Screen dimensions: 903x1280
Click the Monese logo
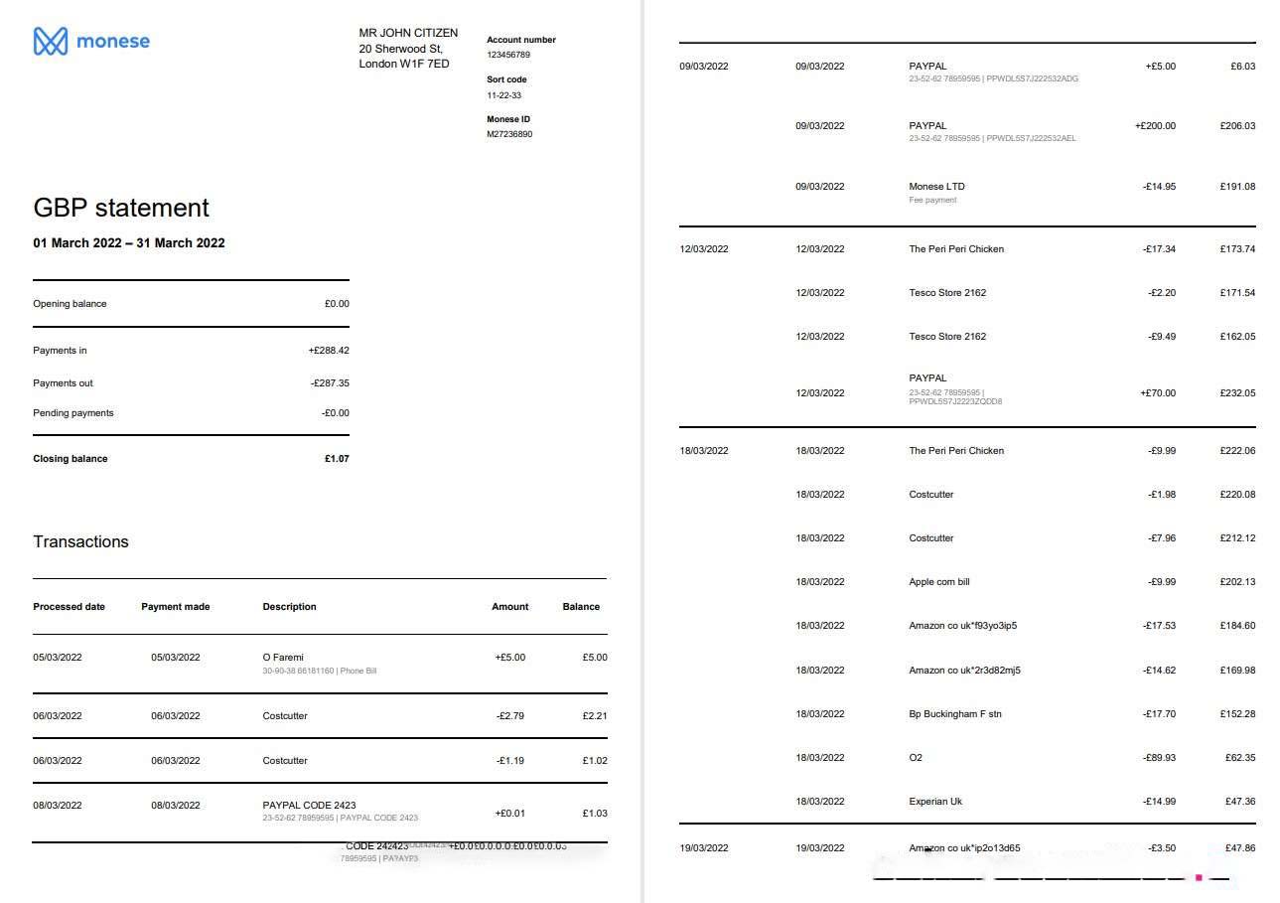[91, 41]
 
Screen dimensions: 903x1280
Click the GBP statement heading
[121, 208]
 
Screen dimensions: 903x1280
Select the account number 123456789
[508, 55]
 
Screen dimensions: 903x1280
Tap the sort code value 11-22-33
[503, 95]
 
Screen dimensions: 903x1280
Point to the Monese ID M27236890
[509, 134]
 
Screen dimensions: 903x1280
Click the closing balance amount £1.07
[337, 459]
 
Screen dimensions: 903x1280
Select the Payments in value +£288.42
[329, 351]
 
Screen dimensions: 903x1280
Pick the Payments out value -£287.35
[330, 383]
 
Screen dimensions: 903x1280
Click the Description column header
[289, 607]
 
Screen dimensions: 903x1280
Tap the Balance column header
[581, 607]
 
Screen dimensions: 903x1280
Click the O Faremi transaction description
[283, 658]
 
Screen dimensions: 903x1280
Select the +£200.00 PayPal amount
[1155, 126]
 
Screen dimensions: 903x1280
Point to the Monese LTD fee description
[936, 187]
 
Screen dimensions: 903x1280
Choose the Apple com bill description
[938, 582]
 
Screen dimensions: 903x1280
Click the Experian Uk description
[935, 802]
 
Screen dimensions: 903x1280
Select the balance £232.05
[1237, 393]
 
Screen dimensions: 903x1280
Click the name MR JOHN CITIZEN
[408, 33]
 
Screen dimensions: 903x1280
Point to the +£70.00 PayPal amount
[1158, 393]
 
